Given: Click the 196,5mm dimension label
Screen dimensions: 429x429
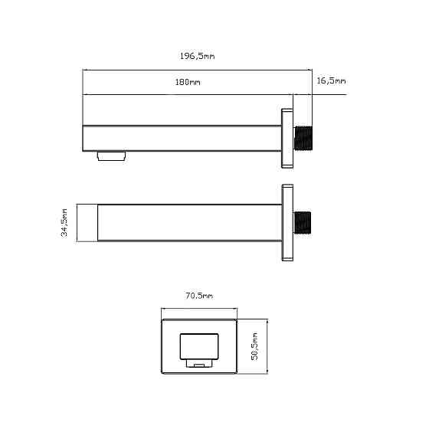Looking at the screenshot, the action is pos(198,56).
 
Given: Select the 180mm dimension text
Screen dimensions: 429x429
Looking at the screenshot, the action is pos(188,82).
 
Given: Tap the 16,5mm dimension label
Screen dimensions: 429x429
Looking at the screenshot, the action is pos(331,80).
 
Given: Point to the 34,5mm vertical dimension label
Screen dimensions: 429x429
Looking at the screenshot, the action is pos(64,222).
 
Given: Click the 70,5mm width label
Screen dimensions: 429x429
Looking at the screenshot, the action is pos(199,296).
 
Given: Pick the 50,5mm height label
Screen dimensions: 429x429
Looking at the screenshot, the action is pos(254,346).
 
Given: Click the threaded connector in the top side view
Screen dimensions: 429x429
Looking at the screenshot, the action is pos(303,138).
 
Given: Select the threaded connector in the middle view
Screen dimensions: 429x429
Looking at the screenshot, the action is pos(303,223).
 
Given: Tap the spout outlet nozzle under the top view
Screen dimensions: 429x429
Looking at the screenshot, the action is pos(112,156).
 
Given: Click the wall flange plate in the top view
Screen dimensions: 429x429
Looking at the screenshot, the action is pos(287,138).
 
